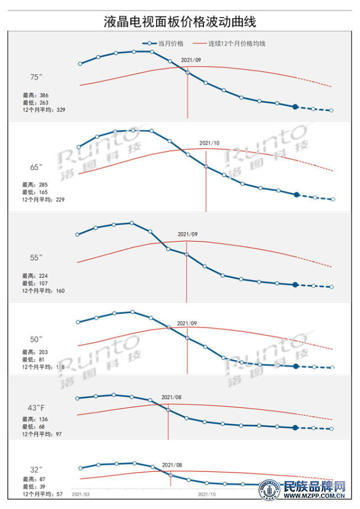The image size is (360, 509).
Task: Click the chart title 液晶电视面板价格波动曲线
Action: coord(180,21)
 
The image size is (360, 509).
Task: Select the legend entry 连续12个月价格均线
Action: coord(236,43)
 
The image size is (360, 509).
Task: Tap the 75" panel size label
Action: coord(37,77)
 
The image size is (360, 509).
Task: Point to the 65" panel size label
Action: coord(37,167)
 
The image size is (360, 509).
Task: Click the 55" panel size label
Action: coord(37,258)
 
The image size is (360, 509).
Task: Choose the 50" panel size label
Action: coord(37,339)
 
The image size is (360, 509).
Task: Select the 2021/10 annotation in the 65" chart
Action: coord(209,143)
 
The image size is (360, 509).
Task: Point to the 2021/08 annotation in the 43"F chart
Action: coord(172,397)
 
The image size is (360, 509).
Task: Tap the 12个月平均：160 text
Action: coord(44,291)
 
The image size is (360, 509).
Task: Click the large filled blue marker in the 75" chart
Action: coord(295,107)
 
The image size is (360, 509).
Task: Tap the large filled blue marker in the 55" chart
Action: coord(295,285)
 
